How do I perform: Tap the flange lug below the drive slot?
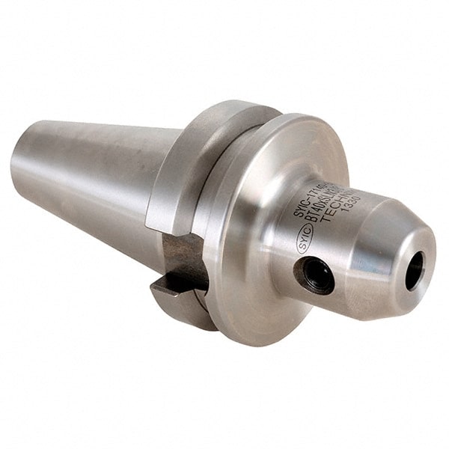(180, 299)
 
